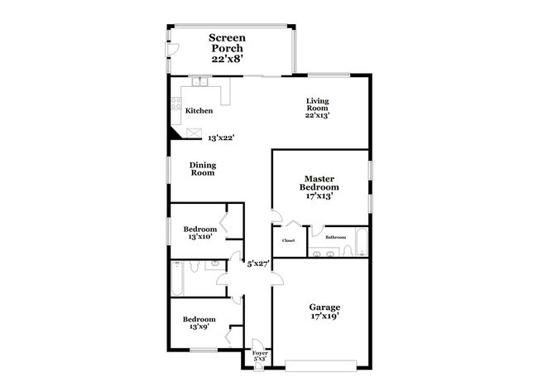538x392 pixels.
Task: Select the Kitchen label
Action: (x=199, y=111)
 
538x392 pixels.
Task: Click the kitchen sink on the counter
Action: (x=201, y=81)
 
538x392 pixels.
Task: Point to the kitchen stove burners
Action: (x=175, y=104)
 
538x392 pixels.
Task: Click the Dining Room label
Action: (x=203, y=169)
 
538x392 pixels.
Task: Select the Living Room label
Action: (x=319, y=107)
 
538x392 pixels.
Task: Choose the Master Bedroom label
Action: (x=319, y=188)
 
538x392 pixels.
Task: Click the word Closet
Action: (x=288, y=240)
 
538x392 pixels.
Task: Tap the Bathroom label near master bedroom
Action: (x=335, y=237)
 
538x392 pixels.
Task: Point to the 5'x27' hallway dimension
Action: (x=259, y=264)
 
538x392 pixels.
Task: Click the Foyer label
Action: (x=260, y=356)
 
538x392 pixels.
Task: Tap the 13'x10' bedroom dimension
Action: (x=199, y=237)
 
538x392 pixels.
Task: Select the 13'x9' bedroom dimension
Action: (x=199, y=327)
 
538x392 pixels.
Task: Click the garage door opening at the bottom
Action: (x=320, y=362)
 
